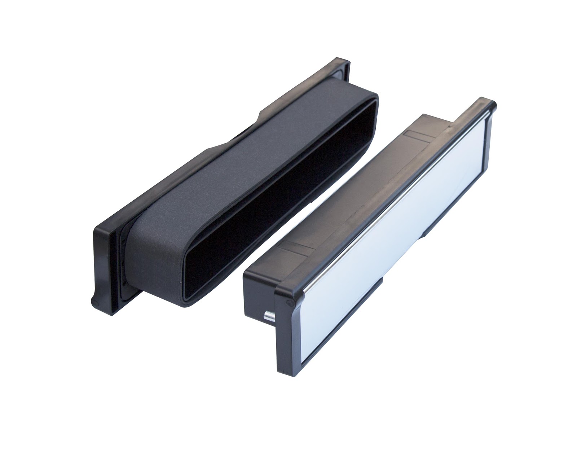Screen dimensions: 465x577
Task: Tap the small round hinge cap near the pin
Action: tap(288, 301)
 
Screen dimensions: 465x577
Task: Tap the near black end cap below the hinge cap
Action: tap(285, 346)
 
